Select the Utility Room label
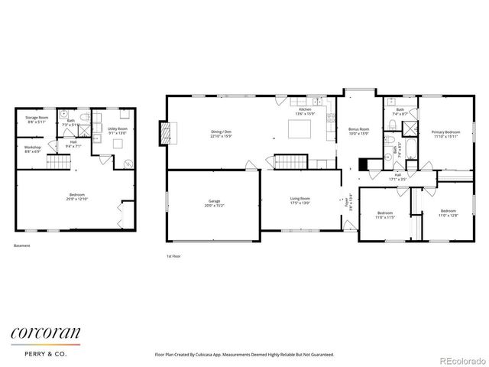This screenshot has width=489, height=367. [117, 130]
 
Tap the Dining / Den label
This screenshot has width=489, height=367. [222, 132]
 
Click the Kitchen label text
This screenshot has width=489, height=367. [305, 110]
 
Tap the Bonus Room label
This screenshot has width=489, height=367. [359, 129]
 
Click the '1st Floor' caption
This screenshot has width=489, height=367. [174, 256]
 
